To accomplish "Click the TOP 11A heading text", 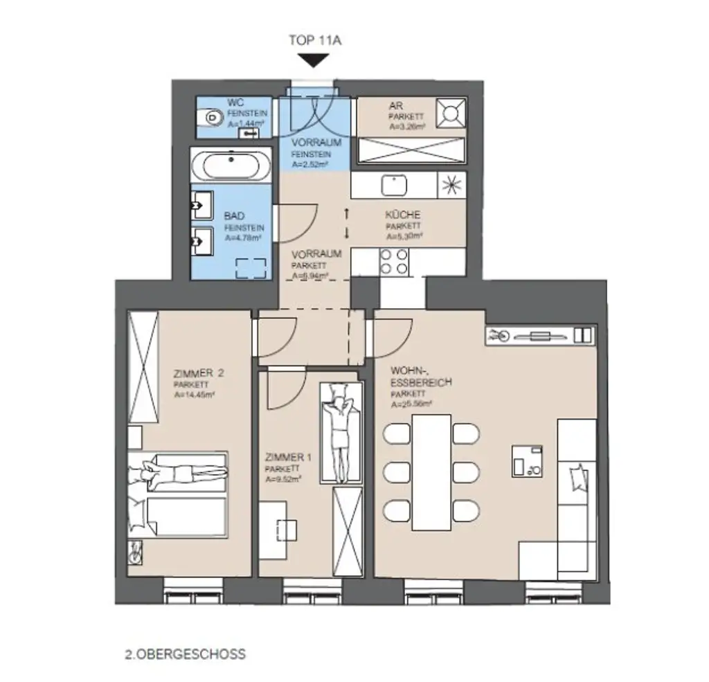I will coord(315,40).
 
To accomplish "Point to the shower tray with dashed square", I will coord(251,268).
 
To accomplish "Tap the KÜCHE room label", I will coord(403,215).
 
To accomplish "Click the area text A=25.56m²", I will coord(411,404).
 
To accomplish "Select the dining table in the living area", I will coord(431,471).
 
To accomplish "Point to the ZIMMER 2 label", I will coord(199,373).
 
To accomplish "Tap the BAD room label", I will coord(234,217).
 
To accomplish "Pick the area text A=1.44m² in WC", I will coord(246,124).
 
